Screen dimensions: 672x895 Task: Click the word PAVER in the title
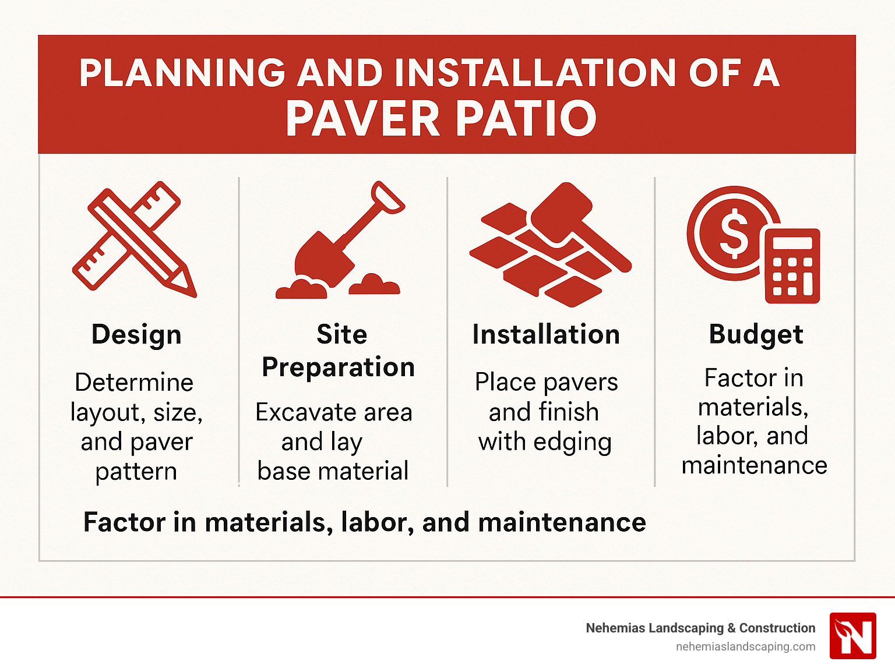(x=362, y=119)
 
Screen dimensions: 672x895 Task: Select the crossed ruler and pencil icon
(x=135, y=239)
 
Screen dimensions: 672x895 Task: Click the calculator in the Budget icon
(x=792, y=266)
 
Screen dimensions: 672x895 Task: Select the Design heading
(x=136, y=335)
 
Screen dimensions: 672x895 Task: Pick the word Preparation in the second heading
(x=338, y=367)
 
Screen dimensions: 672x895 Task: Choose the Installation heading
(x=546, y=335)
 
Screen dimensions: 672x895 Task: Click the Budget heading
(x=756, y=335)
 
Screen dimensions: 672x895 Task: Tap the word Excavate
(x=298, y=412)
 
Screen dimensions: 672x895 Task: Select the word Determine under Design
(x=134, y=383)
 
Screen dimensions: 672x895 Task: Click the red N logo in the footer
(x=852, y=635)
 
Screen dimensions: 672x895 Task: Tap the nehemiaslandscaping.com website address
(x=745, y=647)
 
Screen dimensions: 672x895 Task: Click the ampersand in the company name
(x=731, y=628)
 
